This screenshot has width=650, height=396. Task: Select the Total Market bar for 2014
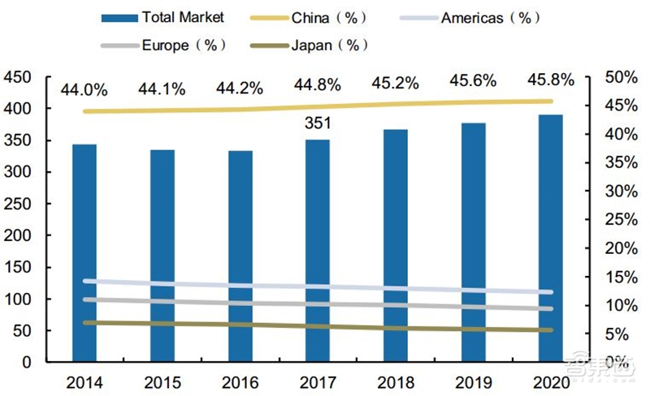(x=84, y=252)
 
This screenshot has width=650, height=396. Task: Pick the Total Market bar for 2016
(x=240, y=256)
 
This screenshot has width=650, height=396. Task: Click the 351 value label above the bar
(x=317, y=124)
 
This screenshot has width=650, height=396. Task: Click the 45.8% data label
(x=551, y=80)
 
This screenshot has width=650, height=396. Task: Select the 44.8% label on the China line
(x=318, y=84)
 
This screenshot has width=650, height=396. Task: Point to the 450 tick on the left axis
(x=17, y=77)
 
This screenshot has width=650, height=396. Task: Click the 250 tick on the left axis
(x=17, y=204)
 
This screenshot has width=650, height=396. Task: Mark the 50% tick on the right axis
(x=619, y=77)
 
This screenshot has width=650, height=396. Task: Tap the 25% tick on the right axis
(x=619, y=219)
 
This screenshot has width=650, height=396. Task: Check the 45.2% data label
(x=395, y=83)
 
